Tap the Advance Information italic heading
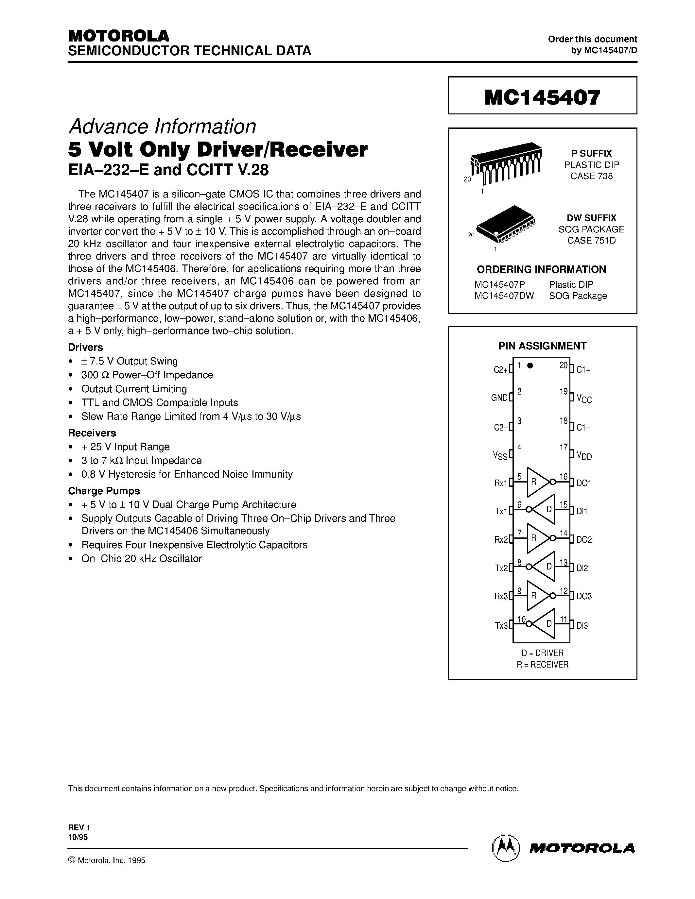(162, 127)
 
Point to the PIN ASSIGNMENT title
(542, 346)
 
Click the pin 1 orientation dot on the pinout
(530, 365)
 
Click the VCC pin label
(584, 399)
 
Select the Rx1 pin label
(501, 483)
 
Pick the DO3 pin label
(584, 596)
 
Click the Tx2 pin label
(501, 568)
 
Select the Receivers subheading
(92, 433)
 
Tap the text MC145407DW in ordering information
(504, 296)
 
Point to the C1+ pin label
(583, 370)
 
